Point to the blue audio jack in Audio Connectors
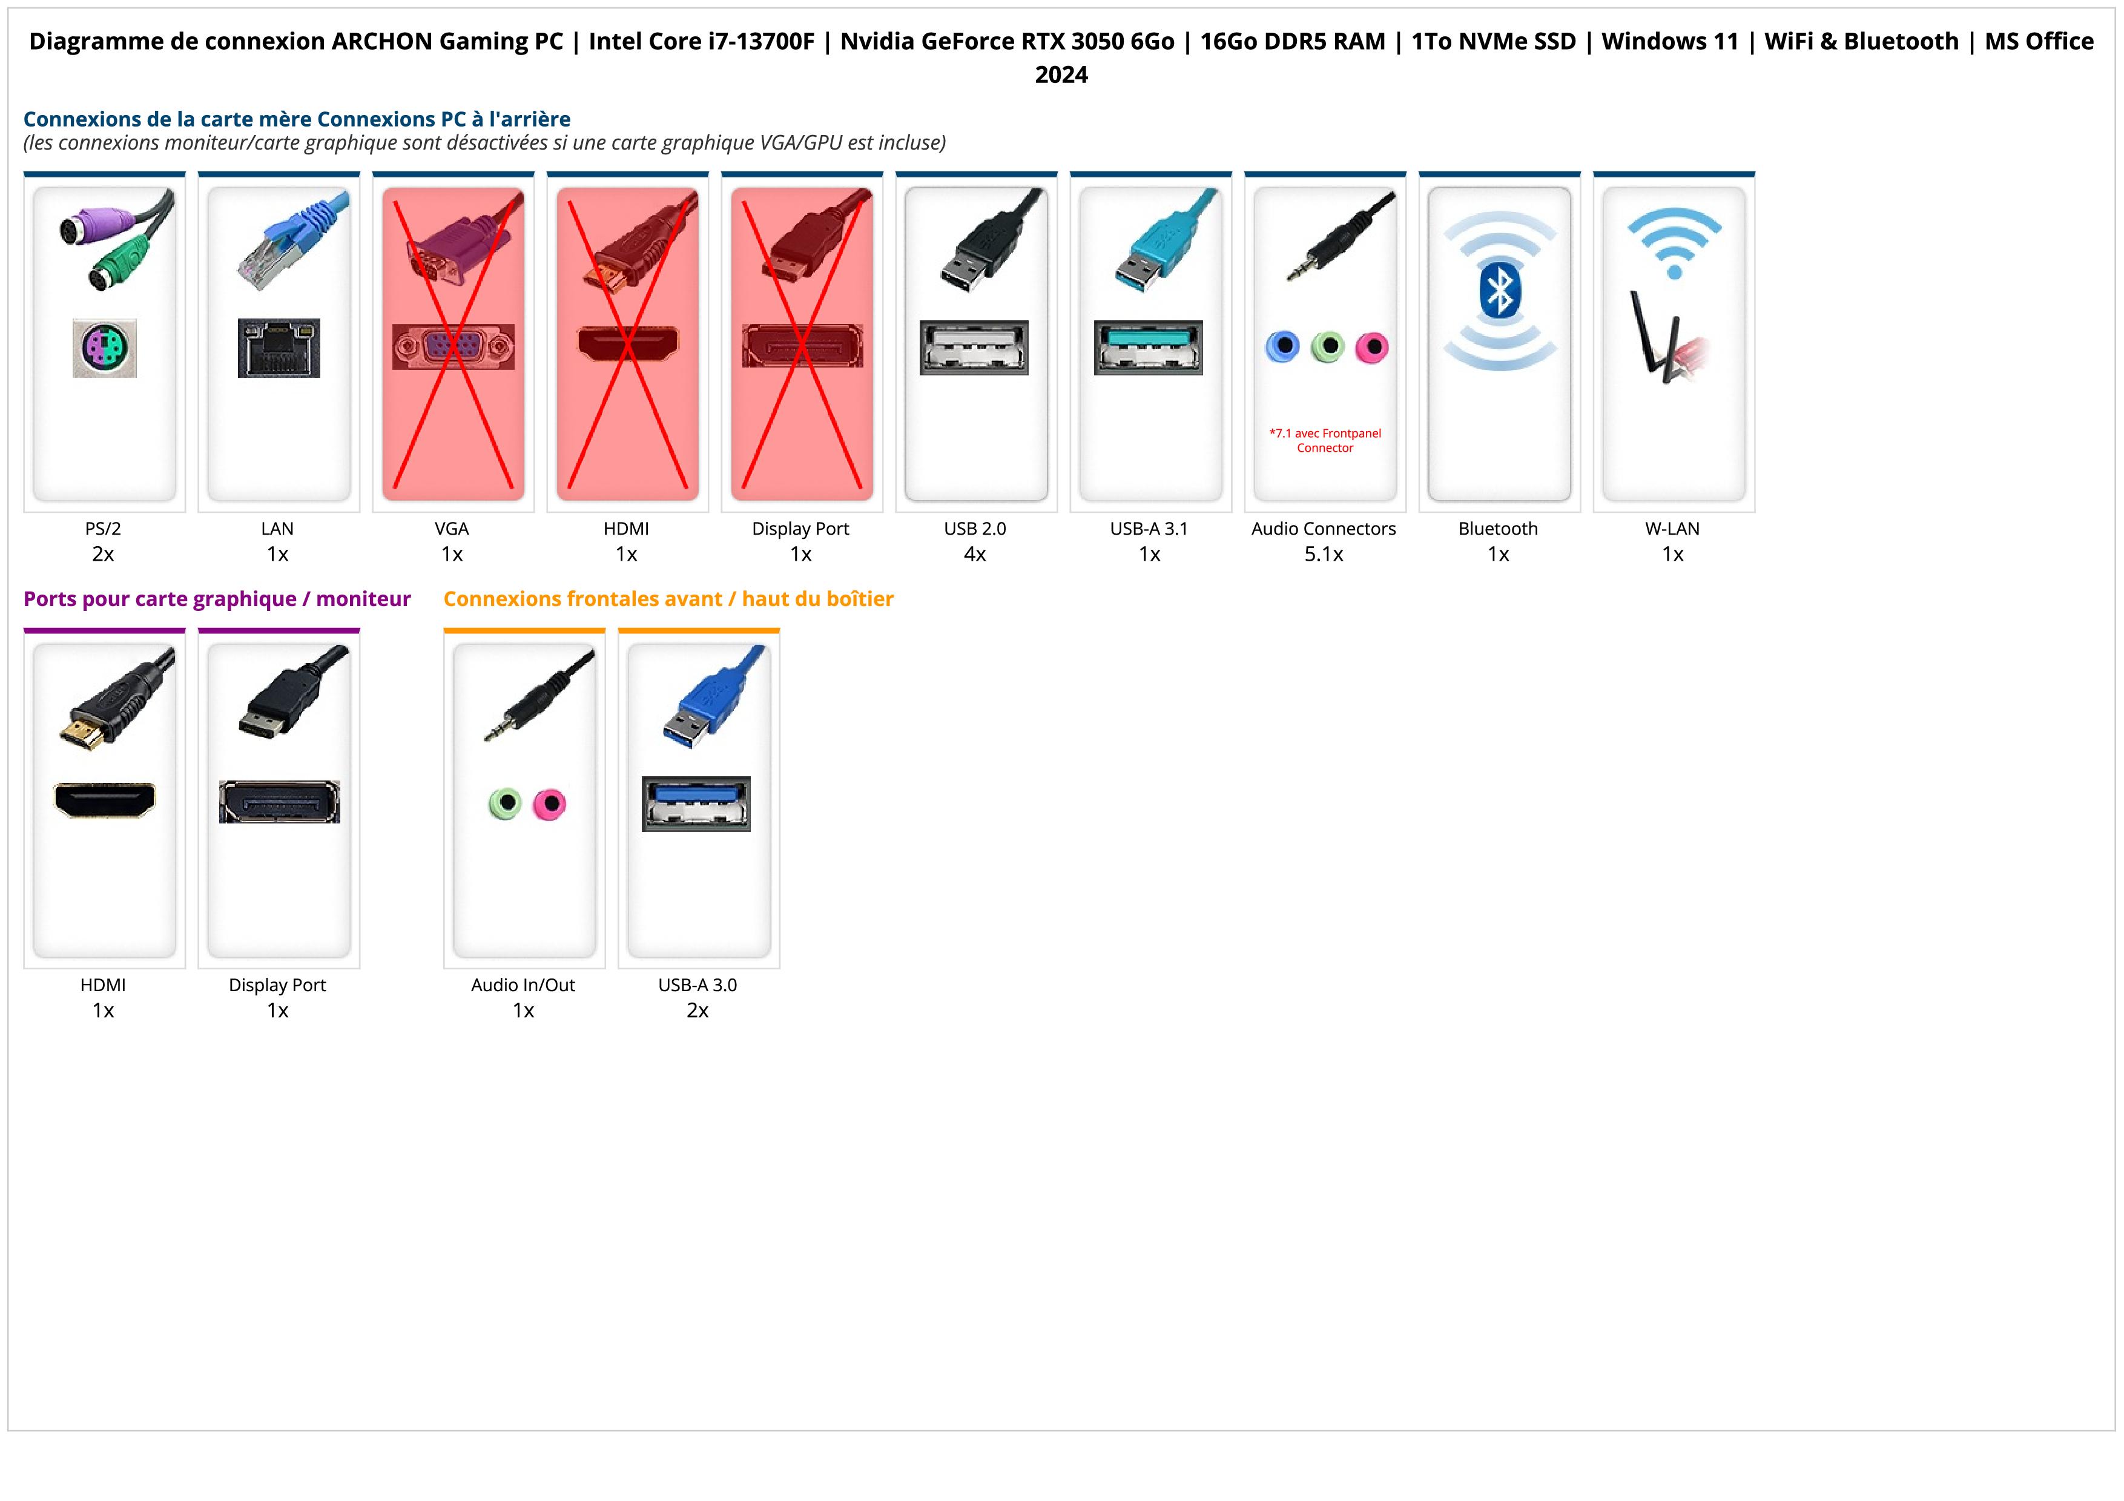(x=1282, y=347)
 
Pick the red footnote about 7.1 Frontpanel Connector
(x=1325, y=440)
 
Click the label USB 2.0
(x=975, y=529)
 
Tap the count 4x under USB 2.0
(x=975, y=554)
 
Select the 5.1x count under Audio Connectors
(x=1324, y=554)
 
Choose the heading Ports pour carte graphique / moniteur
(x=217, y=599)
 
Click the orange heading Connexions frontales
(x=668, y=599)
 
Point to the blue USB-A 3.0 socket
(x=696, y=803)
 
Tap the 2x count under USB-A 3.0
(x=698, y=1011)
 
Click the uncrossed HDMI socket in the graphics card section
(x=105, y=800)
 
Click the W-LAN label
(x=1672, y=529)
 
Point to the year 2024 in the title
(x=1061, y=75)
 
